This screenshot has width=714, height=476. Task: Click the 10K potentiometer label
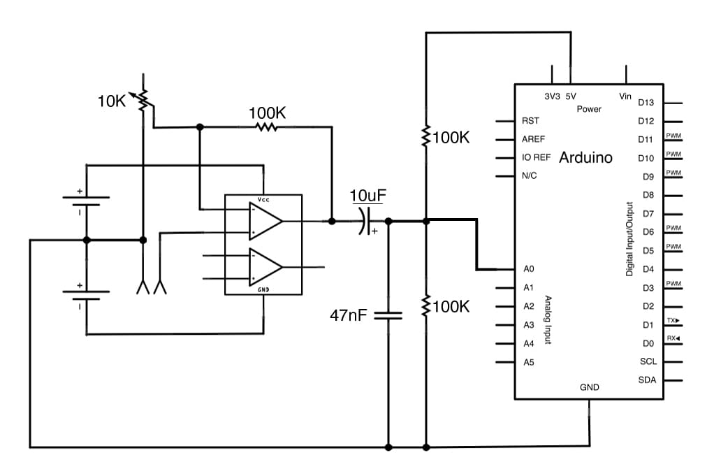[111, 101]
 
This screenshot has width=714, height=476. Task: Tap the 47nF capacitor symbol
[388, 315]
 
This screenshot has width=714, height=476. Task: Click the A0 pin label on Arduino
[528, 269]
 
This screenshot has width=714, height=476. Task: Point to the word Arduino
[585, 157]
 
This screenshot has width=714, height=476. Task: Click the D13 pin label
[646, 103]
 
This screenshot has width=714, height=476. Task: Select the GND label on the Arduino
[589, 387]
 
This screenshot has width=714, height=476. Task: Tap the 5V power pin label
[570, 96]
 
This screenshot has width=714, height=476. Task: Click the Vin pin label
[625, 96]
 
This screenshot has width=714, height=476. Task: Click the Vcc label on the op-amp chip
[263, 200]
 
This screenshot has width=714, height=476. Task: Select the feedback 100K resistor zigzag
[266, 127]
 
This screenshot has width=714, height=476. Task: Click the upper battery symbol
[87, 199]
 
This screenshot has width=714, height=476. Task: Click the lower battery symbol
[87, 294]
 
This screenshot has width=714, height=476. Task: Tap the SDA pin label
[647, 380]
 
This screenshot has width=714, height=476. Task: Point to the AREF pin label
[533, 139]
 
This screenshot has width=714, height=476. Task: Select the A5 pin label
[528, 362]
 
